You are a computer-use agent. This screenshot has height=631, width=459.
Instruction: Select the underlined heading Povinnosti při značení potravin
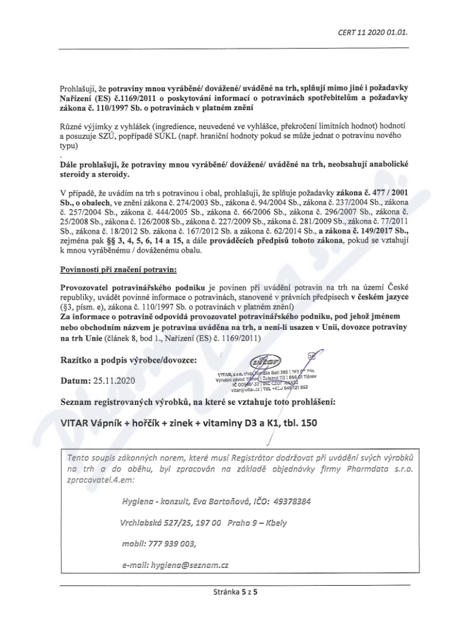111,269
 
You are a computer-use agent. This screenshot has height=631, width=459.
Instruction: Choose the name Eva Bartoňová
204,501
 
